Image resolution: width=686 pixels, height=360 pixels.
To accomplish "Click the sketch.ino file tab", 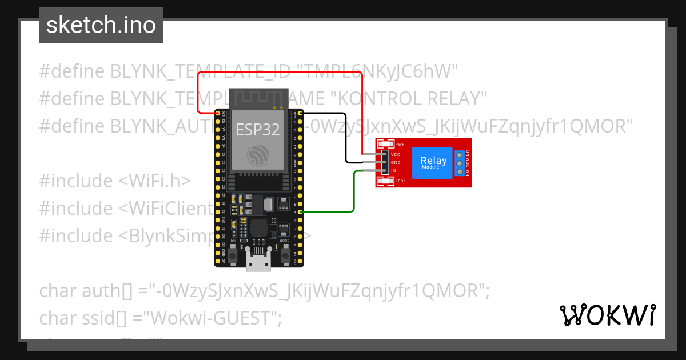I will tap(101, 25).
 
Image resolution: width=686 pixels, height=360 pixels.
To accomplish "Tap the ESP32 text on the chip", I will tap(257, 130).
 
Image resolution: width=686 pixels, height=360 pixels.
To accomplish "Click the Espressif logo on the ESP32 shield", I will tap(257, 156).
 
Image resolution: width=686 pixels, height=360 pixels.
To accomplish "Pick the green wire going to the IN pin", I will tap(354, 194).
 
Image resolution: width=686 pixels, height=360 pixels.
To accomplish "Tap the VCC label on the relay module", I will tap(395, 154).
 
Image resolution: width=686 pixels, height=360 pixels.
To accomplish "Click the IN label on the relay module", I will tap(393, 170).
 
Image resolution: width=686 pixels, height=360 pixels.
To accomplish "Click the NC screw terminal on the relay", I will tap(458, 154).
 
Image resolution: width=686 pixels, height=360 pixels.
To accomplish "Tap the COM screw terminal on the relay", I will tap(458, 163).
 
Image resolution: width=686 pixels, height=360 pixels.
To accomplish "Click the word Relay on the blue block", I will tap(433, 161).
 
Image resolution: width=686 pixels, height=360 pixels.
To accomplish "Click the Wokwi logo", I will tap(607, 315).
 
